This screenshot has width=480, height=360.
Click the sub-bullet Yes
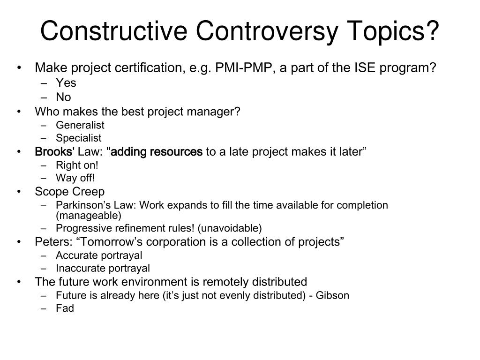click(66, 83)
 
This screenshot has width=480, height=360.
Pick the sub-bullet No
click(63, 97)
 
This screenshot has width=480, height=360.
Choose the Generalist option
click(80, 125)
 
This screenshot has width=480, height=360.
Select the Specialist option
click(79, 138)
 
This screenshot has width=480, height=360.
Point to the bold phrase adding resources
click(155, 152)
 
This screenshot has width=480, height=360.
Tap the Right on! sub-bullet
click(77, 165)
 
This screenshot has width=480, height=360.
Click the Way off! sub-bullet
click(75, 178)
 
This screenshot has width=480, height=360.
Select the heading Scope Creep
click(70, 192)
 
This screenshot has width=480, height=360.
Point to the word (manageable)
click(88, 216)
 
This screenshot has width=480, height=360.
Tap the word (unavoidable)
click(230, 228)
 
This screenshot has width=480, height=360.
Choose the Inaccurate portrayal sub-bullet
click(103, 268)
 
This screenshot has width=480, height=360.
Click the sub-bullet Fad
click(65, 308)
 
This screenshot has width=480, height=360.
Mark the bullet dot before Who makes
click(18, 112)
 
